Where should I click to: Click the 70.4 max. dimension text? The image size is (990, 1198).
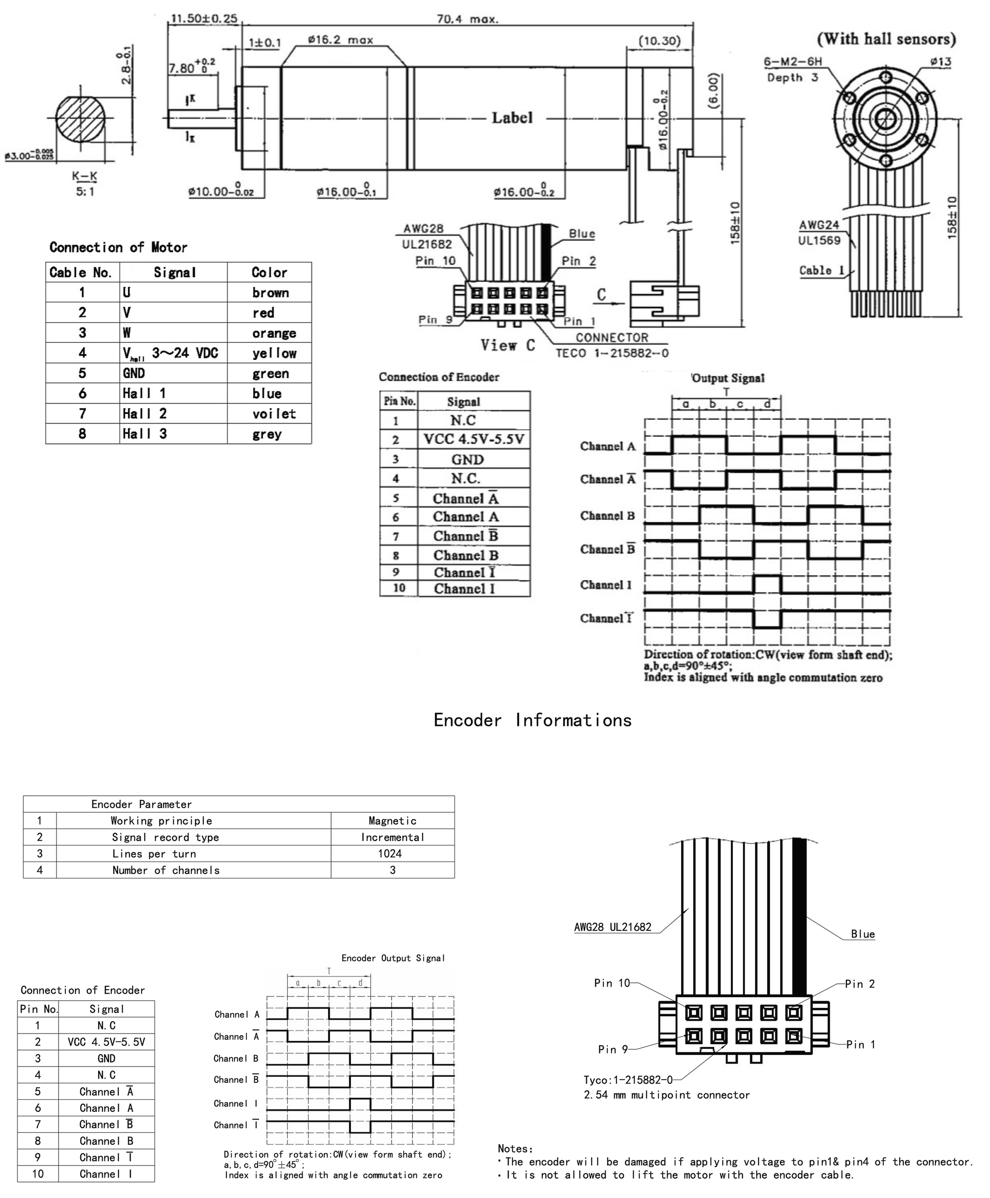[x=467, y=19]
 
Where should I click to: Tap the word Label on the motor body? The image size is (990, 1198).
[x=512, y=118]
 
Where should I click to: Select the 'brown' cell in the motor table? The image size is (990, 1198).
[x=270, y=293]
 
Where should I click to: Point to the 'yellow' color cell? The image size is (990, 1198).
[x=274, y=353]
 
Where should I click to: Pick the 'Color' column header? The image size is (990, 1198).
[x=269, y=272]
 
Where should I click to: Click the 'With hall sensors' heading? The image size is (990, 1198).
[x=886, y=39]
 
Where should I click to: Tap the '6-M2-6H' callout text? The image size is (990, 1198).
[x=793, y=61]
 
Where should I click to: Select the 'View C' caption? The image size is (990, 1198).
[x=508, y=345]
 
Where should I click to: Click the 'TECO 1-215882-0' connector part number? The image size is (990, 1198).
[x=612, y=353]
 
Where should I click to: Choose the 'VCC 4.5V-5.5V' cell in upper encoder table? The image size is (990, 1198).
[x=473, y=439]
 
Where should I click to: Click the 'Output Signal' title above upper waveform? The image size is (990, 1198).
[x=728, y=378]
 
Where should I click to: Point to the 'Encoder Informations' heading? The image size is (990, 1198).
[x=532, y=720]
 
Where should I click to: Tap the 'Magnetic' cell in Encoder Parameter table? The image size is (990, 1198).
[x=393, y=821]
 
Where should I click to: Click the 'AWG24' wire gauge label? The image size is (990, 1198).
[x=819, y=225]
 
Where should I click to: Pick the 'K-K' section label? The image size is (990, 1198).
[x=85, y=177]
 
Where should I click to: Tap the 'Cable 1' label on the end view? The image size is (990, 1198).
[x=822, y=270]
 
